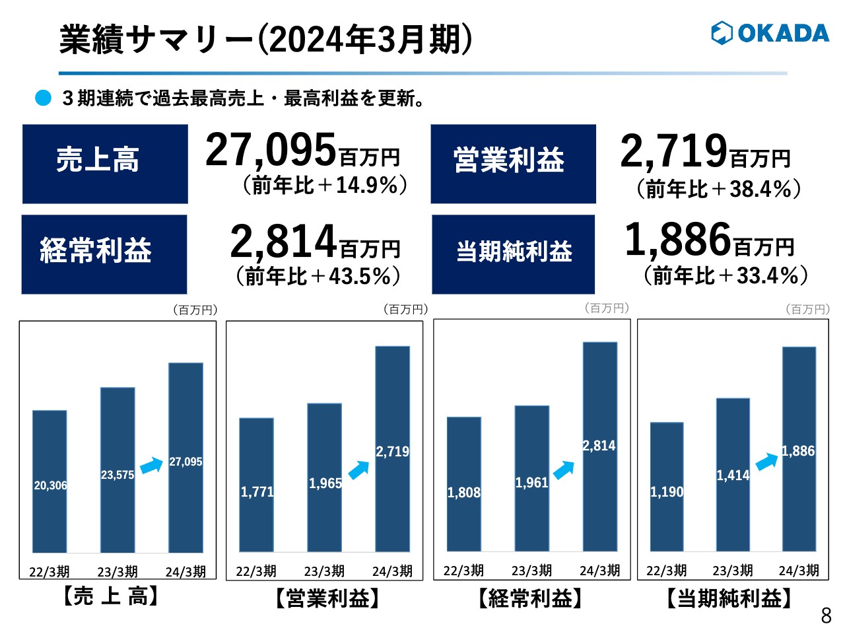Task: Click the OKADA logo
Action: (x=770, y=33)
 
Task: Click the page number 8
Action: (x=826, y=616)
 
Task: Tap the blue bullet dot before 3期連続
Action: (x=43, y=98)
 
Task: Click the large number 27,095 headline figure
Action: (x=271, y=150)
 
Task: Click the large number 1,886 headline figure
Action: (x=678, y=239)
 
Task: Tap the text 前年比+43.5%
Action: (x=318, y=276)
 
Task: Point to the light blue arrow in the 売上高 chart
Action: (x=152, y=465)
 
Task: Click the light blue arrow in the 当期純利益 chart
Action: (x=766, y=461)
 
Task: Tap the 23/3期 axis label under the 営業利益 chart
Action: (x=324, y=571)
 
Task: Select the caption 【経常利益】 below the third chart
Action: (x=531, y=599)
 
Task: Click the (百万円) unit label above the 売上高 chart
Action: (x=195, y=310)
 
